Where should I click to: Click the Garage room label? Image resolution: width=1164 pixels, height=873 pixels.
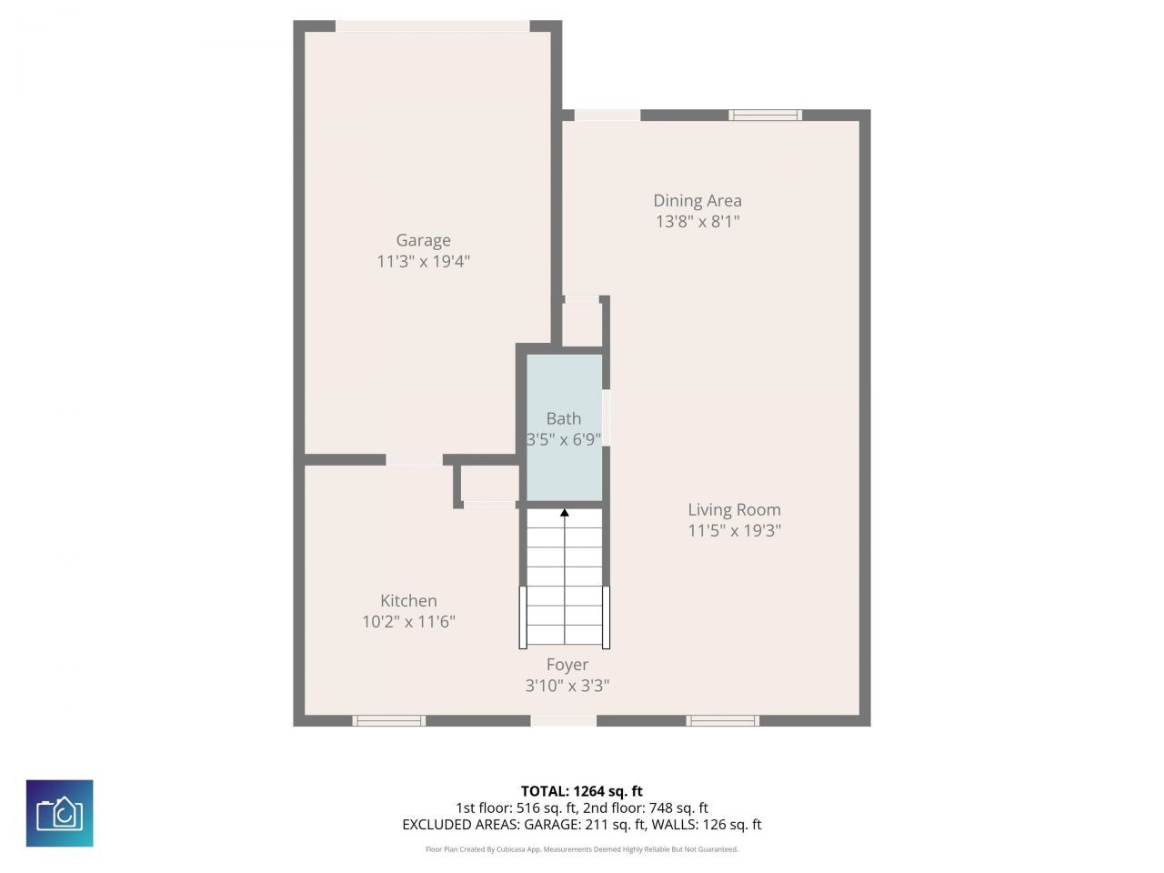point(423,240)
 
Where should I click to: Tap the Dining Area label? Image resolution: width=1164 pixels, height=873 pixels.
point(697,200)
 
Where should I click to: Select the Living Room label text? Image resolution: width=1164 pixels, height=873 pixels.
point(735,509)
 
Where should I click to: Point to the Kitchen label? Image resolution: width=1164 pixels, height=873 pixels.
point(408,600)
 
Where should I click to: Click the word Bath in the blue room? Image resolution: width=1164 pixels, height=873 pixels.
point(564,418)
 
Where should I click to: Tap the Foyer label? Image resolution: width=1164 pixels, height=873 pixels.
point(567,665)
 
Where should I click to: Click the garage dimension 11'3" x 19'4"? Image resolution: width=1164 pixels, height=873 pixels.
point(423,261)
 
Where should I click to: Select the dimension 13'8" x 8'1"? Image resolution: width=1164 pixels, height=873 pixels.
point(697,222)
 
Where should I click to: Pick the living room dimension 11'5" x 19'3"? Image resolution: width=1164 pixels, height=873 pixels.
point(735,530)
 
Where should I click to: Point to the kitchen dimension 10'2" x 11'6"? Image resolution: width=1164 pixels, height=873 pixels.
point(408,621)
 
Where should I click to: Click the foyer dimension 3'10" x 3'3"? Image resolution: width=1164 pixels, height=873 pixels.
point(567,686)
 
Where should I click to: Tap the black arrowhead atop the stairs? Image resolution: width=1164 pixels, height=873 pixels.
point(565,513)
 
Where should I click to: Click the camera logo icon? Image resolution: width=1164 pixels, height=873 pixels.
point(59,813)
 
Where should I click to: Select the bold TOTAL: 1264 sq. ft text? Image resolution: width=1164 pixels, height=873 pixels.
point(582,791)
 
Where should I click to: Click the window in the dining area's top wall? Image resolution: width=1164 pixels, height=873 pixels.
point(765,115)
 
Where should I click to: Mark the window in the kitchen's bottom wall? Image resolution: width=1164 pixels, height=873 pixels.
point(388,720)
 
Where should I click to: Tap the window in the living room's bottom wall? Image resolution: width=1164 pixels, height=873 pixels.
point(722,720)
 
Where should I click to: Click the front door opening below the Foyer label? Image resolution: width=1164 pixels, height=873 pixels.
point(564,720)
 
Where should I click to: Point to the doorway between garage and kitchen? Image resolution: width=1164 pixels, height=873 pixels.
point(414,459)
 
